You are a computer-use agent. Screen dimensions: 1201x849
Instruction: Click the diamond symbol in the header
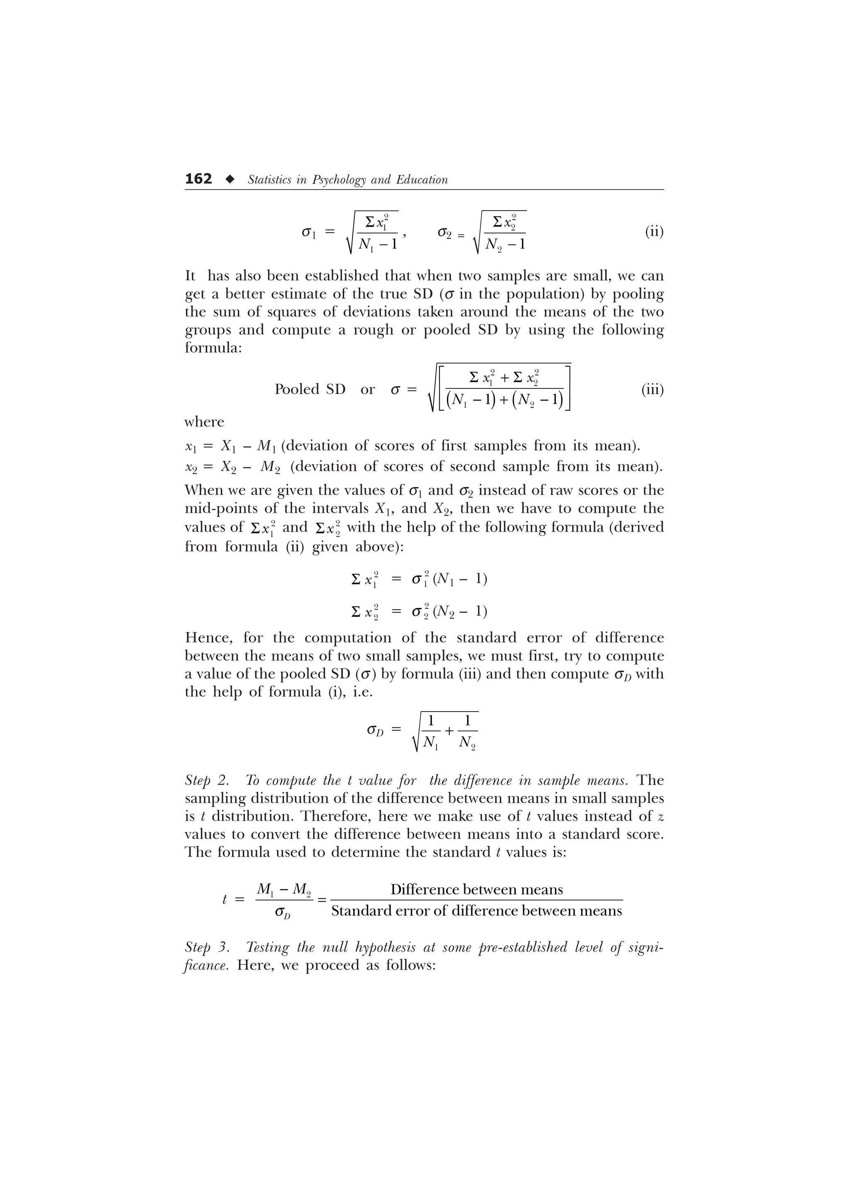pyautogui.click(x=229, y=179)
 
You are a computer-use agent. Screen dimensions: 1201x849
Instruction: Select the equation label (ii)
pyautogui.click(x=654, y=231)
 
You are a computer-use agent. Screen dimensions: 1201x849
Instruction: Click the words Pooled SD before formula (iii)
pyautogui.click(x=310, y=389)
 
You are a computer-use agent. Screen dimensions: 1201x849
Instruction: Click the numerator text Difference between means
pyautogui.click(x=477, y=889)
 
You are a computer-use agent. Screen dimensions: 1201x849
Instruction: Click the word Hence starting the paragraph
pyautogui.click(x=207, y=638)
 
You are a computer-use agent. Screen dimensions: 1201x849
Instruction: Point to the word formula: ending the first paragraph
pyautogui.click(x=213, y=348)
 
